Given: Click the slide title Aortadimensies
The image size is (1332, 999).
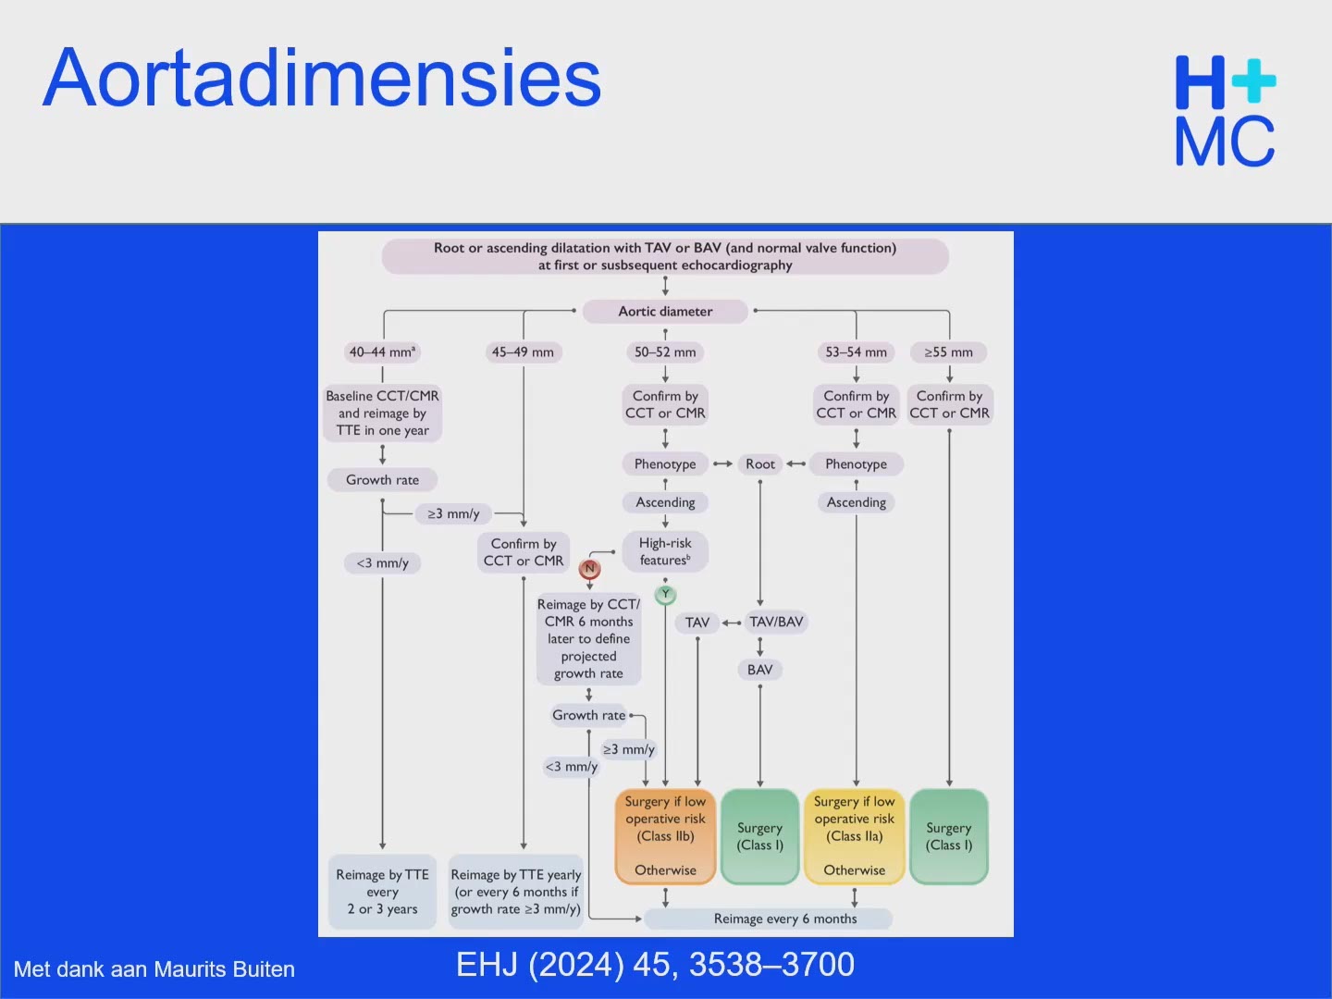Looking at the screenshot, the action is pyautogui.click(x=322, y=79).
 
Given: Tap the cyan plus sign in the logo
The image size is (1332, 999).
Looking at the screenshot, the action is pyautogui.click(x=1253, y=80).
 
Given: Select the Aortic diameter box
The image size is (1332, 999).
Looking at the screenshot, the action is pyautogui.click(x=665, y=311).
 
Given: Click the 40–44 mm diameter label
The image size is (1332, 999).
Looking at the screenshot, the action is pyautogui.click(x=382, y=351).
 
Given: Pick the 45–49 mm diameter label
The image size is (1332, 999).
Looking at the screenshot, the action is pyautogui.click(x=523, y=351).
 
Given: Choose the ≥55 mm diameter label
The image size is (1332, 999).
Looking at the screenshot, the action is pyautogui.click(x=948, y=351).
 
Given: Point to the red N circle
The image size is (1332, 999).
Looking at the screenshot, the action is pyautogui.click(x=589, y=568).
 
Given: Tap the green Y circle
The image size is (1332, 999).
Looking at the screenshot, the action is pyautogui.click(x=665, y=595).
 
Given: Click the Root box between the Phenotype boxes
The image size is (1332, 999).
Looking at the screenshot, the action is pyautogui.click(x=759, y=464).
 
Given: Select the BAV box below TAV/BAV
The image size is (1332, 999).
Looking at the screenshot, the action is pyautogui.click(x=759, y=670).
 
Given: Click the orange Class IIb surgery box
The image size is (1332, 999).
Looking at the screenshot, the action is pyautogui.click(x=665, y=836).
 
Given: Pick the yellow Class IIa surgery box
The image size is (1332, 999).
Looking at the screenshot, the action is pyautogui.click(x=855, y=836).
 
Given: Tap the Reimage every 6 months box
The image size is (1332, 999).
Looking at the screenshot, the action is pyautogui.click(x=768, y=919).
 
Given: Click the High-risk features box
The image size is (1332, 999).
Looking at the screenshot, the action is pyautogui.click(x=665, y=551).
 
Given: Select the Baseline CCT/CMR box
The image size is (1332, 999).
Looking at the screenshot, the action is pyautogui.click(x=382, y=413).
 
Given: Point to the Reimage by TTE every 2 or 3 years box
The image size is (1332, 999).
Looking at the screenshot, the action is pyautogui.click(x=382, y=892).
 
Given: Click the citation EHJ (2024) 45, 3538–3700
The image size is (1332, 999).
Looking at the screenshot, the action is pyautogui.click(x=656, y=965).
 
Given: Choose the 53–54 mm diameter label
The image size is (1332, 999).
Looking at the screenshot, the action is pyautogui.click(x=856, y=351).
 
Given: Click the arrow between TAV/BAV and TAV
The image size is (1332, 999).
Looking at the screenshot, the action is pyautogui.click(x=732, y=623).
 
